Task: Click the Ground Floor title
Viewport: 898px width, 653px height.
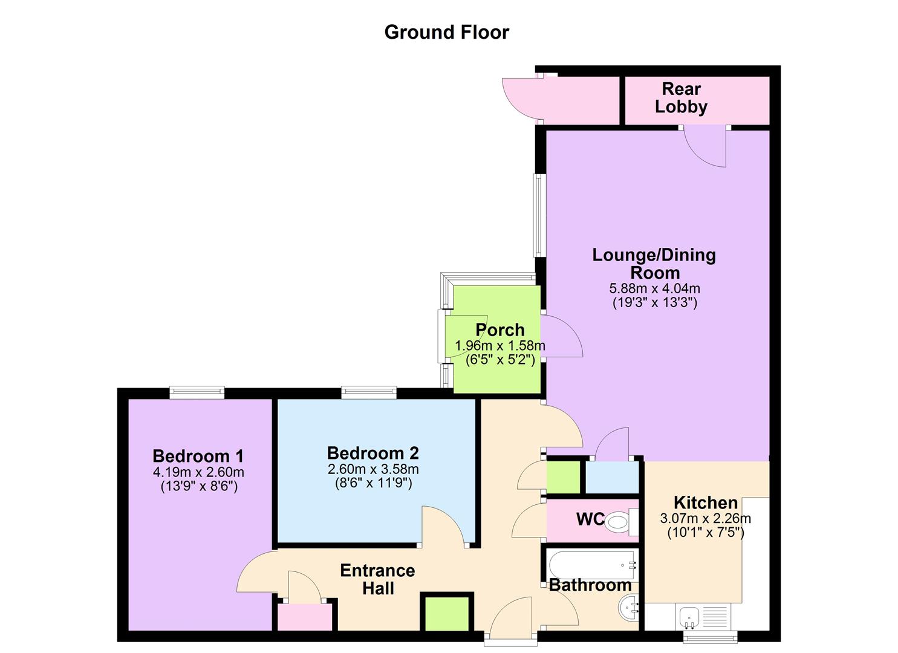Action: click(447, 33)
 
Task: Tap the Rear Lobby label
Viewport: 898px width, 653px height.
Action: click(681, 98)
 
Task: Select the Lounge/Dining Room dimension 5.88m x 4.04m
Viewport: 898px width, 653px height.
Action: click(655, 288)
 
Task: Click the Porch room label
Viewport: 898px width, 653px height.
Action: click(500, 330)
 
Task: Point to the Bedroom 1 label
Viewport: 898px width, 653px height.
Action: click(198, 456)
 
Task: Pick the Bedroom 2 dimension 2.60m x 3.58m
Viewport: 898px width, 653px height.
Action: click(373, 469)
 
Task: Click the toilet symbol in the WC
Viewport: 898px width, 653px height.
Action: click(621, 522)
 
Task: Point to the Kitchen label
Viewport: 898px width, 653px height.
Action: click(706, 502)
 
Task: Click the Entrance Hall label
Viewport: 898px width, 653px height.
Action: click(377, 580)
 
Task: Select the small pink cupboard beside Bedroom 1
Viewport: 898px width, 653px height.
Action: click(305, 617)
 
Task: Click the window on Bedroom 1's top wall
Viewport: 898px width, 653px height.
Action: click(197, 392)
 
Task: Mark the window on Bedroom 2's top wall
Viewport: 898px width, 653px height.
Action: click(369, 392)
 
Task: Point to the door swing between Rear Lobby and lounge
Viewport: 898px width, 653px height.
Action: click(705, 147)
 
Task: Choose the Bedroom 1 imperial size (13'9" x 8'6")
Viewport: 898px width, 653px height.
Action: click(199, 487)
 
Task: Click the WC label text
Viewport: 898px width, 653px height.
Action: click(591, 519)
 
